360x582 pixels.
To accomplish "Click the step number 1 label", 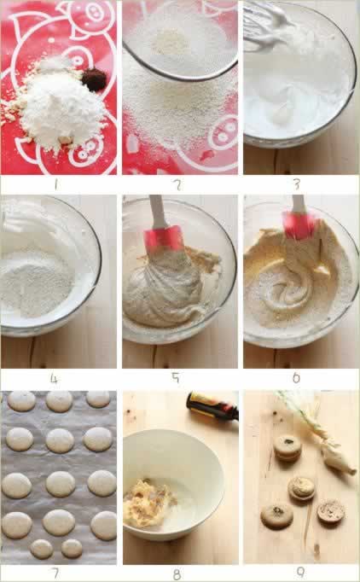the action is pyautogui.click(x=56, y=184).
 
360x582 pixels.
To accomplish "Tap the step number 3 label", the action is pyautogui.click(x=297, y=184).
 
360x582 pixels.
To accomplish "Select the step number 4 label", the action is pyautogui.click(x=55, y=379).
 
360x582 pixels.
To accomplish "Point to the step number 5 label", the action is pyautogui.click(x=176, y=378).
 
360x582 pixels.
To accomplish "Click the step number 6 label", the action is pyautogui.click(x=296, y=378).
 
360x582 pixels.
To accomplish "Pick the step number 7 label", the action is pyautogui.click(x=55, y=573).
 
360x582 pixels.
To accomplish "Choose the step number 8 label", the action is pyautogui.click(x=177, y=574).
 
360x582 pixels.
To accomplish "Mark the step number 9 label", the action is pyautogui.click(x=300, y=573).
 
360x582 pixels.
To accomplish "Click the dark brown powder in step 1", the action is pyautogui.click(x=95, y=79).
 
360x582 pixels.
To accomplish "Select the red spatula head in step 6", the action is pyautogui.click(x=300, y=225).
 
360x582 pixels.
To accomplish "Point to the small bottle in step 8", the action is pyautogui.click(x=212, y=407).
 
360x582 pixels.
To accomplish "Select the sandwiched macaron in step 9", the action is pyautogui.click(x=287, y=448).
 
